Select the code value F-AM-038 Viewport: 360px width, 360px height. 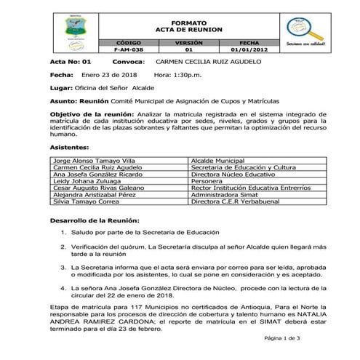[x=129, y=50]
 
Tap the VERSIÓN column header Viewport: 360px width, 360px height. [x=188, y=44]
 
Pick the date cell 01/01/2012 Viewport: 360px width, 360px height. [x=249, y=50]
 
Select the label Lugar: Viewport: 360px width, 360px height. [x=60, y=87]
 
